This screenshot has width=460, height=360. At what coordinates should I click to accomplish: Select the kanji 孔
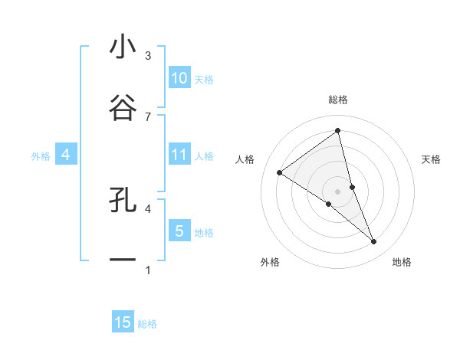pos(123,201)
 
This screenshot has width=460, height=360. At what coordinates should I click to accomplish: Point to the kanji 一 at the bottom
pos(123,260)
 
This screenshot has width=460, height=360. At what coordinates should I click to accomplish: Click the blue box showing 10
pos(179,78)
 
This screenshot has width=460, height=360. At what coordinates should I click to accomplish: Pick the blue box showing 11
pos(179,155)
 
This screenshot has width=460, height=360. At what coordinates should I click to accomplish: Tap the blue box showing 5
pos(179,231)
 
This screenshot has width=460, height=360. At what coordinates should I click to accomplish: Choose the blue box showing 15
pos(123,322)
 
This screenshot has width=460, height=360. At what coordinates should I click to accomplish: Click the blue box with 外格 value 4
pos(65,155)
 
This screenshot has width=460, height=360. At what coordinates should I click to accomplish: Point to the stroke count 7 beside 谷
pos(148,116)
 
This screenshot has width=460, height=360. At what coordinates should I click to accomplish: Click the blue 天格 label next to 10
pos(203,79)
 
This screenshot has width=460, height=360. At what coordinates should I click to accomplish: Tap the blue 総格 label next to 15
pos(147,324)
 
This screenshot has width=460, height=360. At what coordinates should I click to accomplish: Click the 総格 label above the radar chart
pos(338,100)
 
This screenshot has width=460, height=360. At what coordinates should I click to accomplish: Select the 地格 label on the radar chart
pos(402,263)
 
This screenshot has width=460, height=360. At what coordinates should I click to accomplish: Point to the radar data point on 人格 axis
pos(280,172)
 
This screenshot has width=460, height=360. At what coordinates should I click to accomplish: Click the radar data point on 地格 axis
pos(374,242)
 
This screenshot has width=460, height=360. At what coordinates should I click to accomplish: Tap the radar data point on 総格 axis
pos(337,130)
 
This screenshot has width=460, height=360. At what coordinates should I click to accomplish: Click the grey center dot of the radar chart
pos(338,191)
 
